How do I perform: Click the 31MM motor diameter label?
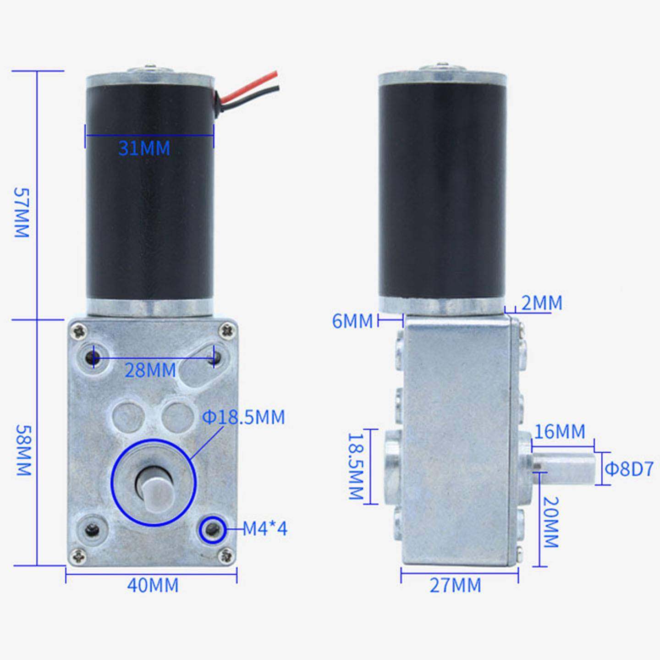coord(144,148)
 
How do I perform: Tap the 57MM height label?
coord(22,212)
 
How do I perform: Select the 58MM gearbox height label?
coord(23,449)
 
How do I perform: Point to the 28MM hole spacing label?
coord(150,370)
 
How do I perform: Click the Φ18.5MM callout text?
coord(243,418)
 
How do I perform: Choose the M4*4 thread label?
coord(264,529)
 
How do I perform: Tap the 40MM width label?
coord(153,585)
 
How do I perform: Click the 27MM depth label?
coord(456,585)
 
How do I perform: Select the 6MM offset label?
coord(352,321)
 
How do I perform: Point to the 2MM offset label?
coord(541,303)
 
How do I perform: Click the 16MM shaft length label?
coord(560,432)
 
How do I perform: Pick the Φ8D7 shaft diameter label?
coord(628,469)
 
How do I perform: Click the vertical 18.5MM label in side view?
coord(356,467)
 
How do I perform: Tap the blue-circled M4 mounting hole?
coord(212,529)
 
